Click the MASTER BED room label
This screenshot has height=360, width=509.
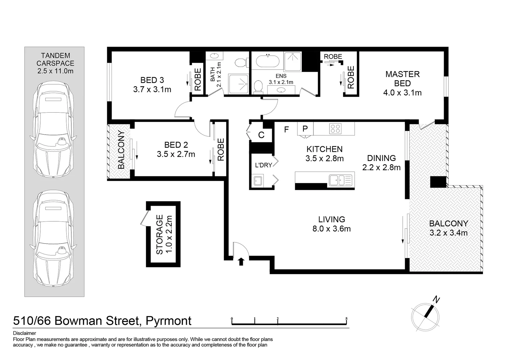[402, 79]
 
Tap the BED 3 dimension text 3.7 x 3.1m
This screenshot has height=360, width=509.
[152, 89]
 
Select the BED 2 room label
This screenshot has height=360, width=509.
[176, 145]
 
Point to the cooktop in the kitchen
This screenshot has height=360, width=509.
[335, 129]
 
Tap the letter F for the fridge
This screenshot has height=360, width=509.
[286, 130]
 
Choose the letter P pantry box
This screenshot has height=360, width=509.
[305, 129]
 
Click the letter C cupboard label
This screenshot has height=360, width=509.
[261, 135]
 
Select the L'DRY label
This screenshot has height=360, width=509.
[263, 165]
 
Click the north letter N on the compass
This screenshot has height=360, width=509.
[436, 300]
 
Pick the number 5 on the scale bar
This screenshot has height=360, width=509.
[346, 319]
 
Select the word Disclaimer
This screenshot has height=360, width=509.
[24, 333]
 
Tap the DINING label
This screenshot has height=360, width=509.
[381, 158]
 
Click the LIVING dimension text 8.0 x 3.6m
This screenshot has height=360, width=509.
[331, 229]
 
